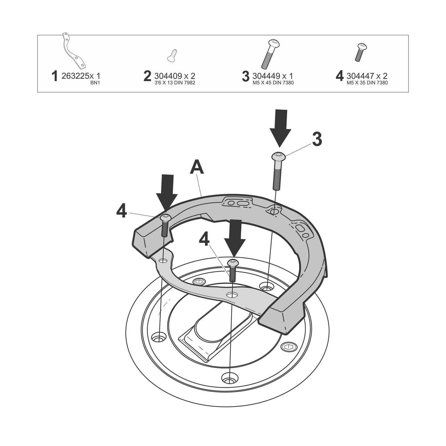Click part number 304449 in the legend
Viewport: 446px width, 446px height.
(x=267, y=76)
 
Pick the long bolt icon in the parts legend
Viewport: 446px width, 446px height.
(x=270, y=54)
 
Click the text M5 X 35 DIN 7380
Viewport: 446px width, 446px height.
(x=367, y=83)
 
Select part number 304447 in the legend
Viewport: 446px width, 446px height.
(x=361, y=76)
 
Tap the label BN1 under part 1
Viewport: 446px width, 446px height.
(x=95, y=83)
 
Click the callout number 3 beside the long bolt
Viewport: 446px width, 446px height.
(x=317, y=140)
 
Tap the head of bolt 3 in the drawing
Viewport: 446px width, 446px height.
(x=278, y=156)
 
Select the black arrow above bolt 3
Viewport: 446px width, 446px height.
(x=280, y=128)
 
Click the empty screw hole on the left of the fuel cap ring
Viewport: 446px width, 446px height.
(x=159, y=338)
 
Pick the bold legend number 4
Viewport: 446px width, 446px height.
(x=340, y=76)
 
